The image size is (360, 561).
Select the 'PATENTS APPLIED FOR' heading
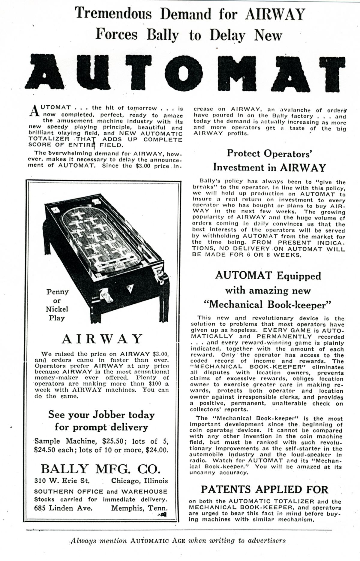click(x=265, y=490)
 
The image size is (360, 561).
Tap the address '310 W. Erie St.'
click(x=62, y=481)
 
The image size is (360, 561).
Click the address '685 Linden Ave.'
click(x=63, y=508)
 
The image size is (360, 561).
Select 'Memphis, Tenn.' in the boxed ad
click(x=139, y=508)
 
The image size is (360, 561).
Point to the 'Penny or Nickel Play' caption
click(x=57, y=305)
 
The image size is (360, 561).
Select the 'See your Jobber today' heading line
click(x=101, y=415)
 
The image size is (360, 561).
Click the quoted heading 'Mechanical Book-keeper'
click(x=267, y=305)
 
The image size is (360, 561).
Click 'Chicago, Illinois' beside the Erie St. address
click(x=139, y=481)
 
